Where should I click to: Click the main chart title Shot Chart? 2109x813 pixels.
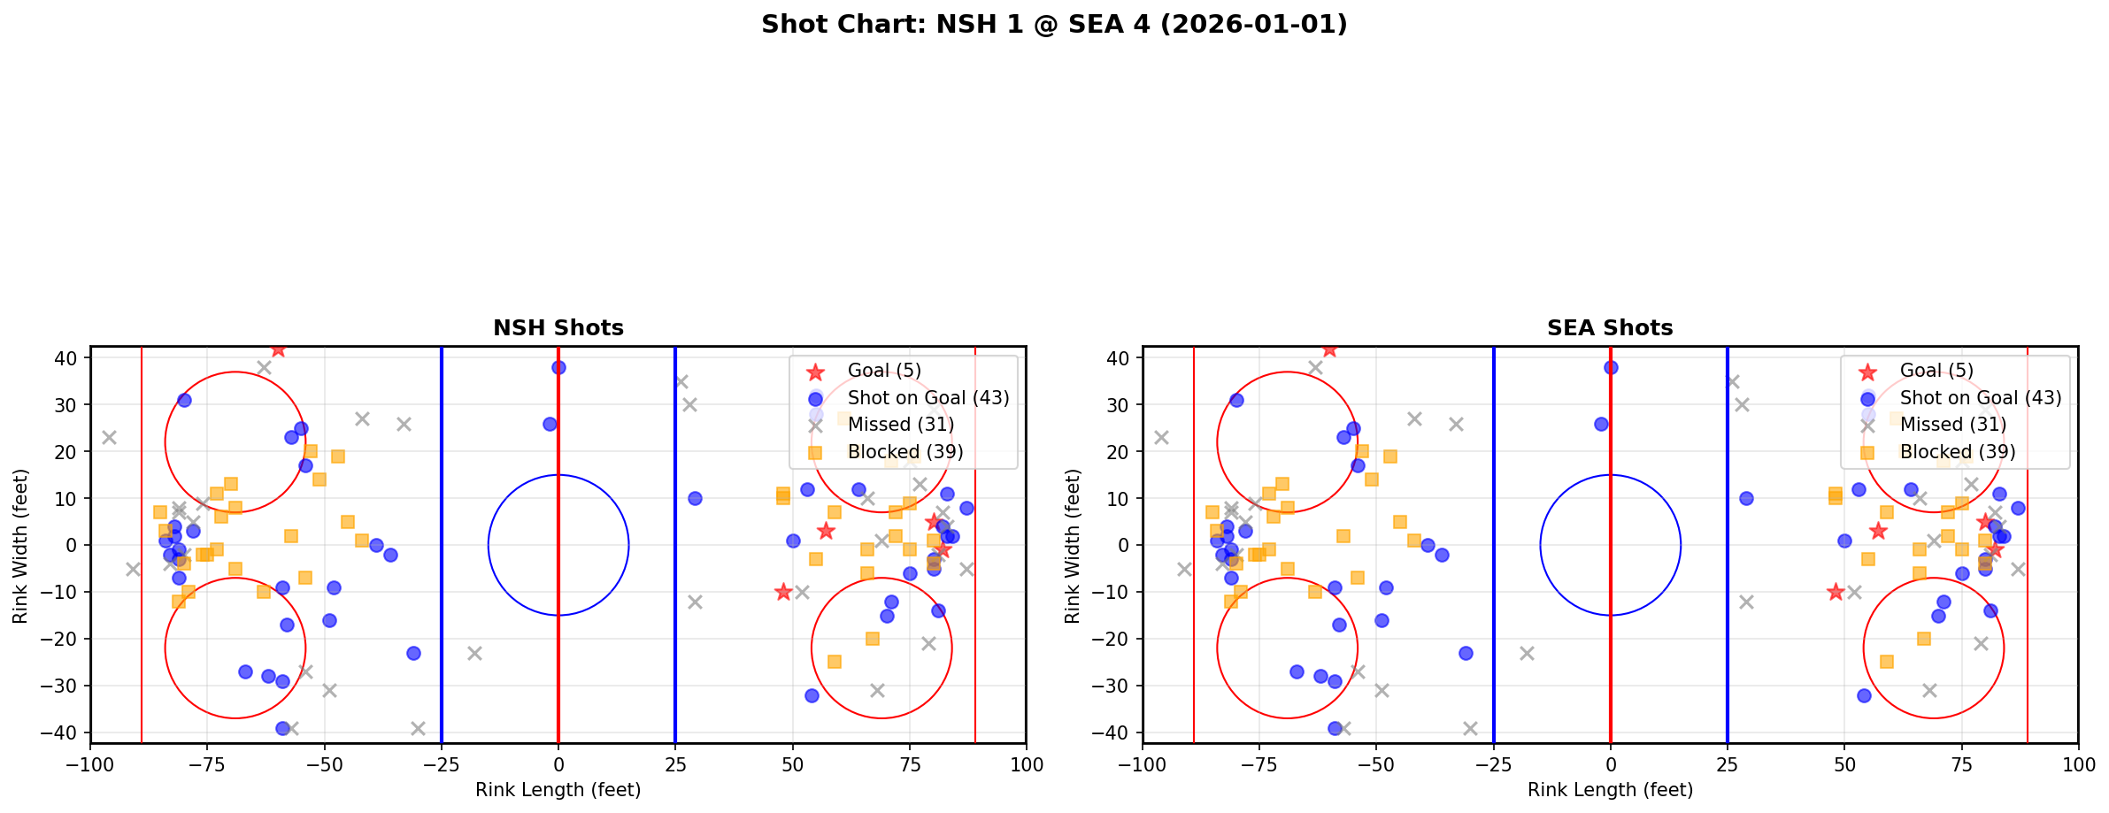pos(1053,24)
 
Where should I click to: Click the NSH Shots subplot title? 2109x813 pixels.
pos(558,328)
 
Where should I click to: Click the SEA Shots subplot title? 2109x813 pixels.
pos(1609,328)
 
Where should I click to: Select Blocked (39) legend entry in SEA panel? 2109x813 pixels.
pos(1957,452)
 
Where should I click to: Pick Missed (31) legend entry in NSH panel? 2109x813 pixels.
pos(900,425)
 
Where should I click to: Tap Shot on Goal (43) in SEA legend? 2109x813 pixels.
pos(1980,398)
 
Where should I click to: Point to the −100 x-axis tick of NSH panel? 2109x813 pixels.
pos(90,764)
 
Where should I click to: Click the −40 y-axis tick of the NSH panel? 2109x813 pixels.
pos(65,732)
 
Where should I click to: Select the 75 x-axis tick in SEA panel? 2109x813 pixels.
pos(1961,764)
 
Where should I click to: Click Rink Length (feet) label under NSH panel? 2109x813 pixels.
pos(558,790)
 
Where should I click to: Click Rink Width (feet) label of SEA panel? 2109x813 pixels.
pos(1073,546)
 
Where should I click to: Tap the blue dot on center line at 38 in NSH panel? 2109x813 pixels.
pos(558,367)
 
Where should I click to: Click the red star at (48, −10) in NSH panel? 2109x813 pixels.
pos(782,592)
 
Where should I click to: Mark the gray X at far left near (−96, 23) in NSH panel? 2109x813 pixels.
pos(109,437)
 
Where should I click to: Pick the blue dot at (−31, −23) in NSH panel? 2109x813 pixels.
pos(413,653)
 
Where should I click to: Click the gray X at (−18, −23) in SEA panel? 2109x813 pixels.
pos(1526,653)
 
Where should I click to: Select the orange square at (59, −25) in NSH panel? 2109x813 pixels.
pos(834,662)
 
